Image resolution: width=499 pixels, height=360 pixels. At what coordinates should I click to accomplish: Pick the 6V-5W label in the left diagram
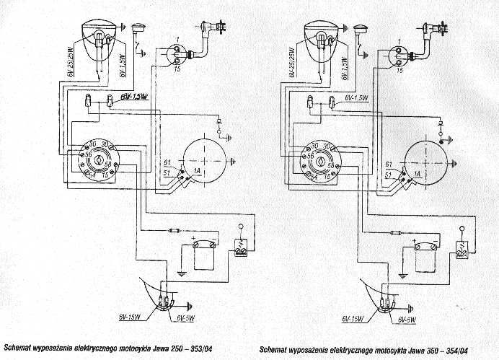point(182,317)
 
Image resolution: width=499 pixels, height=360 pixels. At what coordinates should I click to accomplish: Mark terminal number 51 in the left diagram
point(166,174)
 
